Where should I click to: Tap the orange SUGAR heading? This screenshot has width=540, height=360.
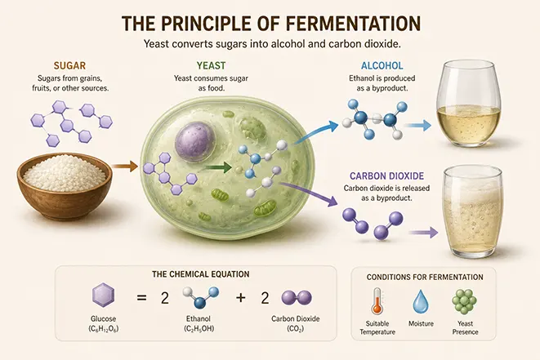click(x=70, y=66)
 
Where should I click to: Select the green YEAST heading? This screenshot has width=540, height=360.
click(x=211, y=65)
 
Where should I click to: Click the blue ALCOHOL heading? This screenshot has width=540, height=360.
click(x=382, y=65)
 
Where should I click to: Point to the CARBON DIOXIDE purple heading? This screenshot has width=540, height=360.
click(x=386, y=176)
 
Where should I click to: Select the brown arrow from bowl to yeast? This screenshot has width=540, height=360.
click(x=125, y=167)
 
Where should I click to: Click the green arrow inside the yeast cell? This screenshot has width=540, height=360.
click(x=216, y=167)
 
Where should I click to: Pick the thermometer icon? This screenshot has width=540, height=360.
click(x=377, y=300)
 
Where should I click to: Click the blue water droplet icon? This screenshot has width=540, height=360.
click(x=421, y=301)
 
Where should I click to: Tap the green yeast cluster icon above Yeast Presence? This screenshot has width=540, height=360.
click(x=464, y=300)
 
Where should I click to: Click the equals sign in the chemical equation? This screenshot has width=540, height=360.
click(x=141, y=298)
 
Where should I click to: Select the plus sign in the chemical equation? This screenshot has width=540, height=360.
click(x=241, y=297)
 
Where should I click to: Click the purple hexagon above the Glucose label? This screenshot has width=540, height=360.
click(x=103, y=295)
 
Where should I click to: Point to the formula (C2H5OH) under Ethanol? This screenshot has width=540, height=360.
click(x=199, y=329)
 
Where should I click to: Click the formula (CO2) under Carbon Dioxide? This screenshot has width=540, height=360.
click(x=296, y=329)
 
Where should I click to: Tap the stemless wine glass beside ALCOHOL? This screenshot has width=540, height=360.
click(x=468, y=103)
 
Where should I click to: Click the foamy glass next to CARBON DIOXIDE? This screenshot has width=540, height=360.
click(x=472, y=212)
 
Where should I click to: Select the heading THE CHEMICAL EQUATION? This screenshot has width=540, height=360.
click(x=201, y=274)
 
